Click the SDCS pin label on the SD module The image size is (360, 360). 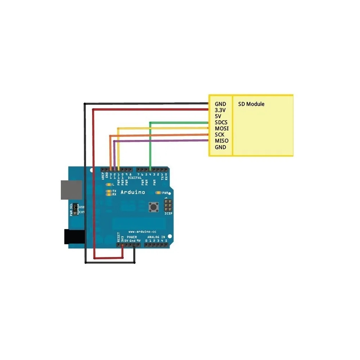(221, 122)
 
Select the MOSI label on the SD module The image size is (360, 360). (222, 129)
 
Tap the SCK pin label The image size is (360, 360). (219, 135)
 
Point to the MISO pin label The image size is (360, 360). (222, 141)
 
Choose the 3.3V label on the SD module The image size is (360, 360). (220, 110)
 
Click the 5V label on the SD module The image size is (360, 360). (218, 116)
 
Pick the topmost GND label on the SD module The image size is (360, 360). (220, 104)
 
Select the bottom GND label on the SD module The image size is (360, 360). (220, 147)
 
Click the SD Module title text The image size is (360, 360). (251, 104)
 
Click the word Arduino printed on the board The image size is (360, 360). (133, 192)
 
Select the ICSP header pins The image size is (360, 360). (168, 206)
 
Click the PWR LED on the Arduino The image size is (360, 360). (160, 193)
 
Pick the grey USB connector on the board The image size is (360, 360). (71, 189)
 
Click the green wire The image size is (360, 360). (180, 123)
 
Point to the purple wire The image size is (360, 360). (162, 141)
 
